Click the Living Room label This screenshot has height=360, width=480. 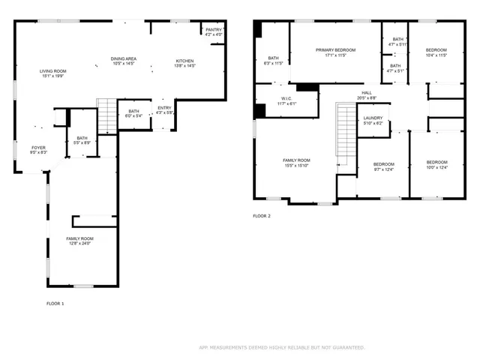coord(52,73)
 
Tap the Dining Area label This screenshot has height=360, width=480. coord(123,61)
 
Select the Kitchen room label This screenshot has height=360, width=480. coord(184,63)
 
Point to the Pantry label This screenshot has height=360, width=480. coord(214,32)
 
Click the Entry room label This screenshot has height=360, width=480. coord(164,110)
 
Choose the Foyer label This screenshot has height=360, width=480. coord(37,150)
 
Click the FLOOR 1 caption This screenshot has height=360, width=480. coord(55,303)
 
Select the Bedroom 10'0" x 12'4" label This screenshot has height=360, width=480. coord(436,165)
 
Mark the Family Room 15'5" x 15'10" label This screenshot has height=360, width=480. coord(296,163)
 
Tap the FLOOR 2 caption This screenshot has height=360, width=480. coord(262,216)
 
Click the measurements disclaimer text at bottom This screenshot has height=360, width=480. coord(282,347)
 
